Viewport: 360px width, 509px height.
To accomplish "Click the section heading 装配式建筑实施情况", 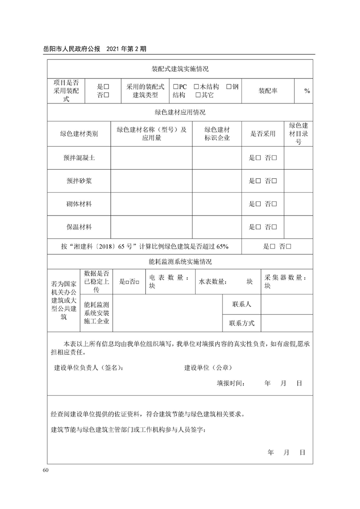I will coord(180,69).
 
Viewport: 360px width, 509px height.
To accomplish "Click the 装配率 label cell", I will coord(268,91).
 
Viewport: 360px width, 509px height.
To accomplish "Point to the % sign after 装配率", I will coord(307,91).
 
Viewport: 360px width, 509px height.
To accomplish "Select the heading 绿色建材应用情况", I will coord(180,112).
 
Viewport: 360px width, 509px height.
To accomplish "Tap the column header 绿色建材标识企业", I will coord(217,134).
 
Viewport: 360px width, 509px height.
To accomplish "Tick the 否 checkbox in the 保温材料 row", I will coord(274,227).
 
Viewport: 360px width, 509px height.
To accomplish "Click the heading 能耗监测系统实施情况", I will coord(180,262).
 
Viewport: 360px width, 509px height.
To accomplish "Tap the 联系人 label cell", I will coord(242,304).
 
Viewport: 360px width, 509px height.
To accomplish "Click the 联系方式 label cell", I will coord(242,323).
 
